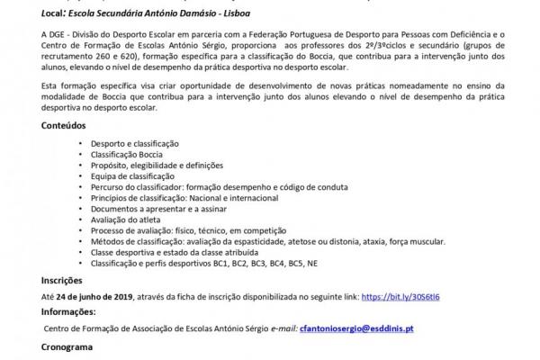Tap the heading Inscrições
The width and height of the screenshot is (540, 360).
tap(64, 281)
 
